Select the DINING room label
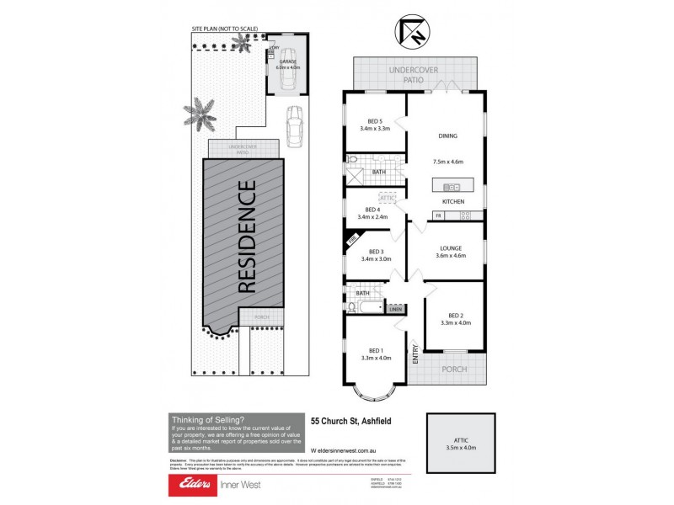[447, 136]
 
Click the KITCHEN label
[455, 203]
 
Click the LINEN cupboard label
[396, 310]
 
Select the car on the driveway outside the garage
[294, 127]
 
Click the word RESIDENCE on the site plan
[246, 237]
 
